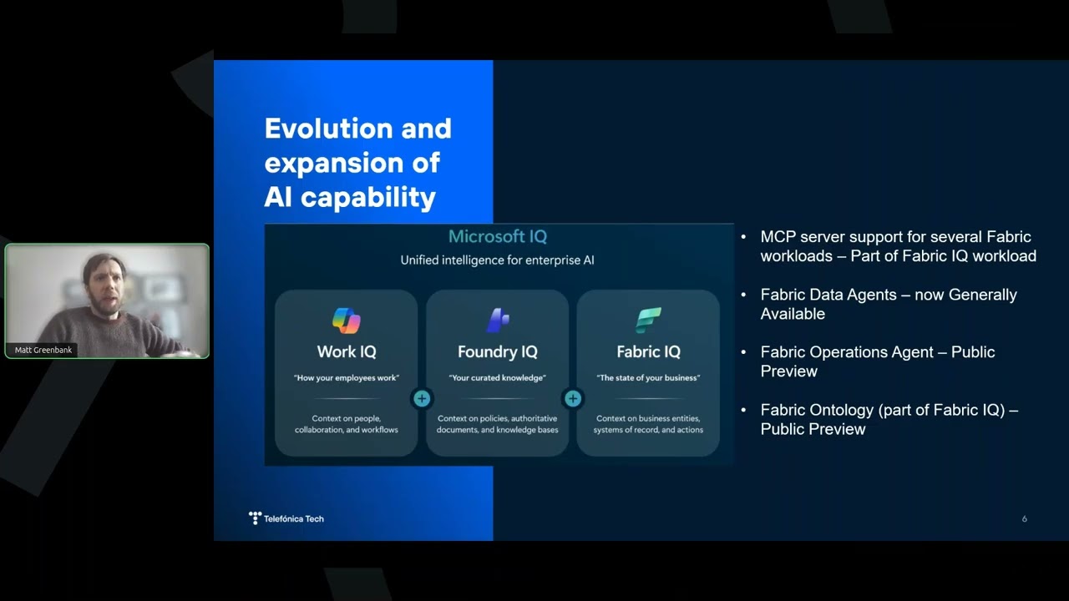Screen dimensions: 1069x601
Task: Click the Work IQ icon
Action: pos(347,321)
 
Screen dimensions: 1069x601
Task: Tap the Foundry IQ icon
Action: pos(497,320)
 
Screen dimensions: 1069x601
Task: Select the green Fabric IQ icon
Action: pos(648,320)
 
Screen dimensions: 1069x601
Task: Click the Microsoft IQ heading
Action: pos(497,236)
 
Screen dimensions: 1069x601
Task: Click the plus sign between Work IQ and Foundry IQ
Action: pos(422,399)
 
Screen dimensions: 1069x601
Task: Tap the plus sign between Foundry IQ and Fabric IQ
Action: pos(573,399)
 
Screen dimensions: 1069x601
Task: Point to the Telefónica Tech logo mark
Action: pos(255,518)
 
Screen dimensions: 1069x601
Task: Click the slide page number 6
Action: pos(1024,519)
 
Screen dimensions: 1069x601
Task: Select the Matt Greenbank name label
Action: pos(43,350)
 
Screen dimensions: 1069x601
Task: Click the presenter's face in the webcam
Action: pos(106,289)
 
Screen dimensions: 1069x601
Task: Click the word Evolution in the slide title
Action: pos(329,129)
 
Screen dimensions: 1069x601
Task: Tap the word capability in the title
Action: pos(368,198)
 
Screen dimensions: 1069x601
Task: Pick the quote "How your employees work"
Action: pos(347,378)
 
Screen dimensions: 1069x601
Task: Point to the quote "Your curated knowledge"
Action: pos(497,378)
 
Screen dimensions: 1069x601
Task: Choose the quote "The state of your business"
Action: pos(648,378)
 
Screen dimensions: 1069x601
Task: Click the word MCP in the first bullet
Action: pos(778,237)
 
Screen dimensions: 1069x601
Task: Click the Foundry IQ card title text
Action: pos(497,352)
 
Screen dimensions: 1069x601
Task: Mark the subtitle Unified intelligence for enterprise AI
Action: pos(497,260)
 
